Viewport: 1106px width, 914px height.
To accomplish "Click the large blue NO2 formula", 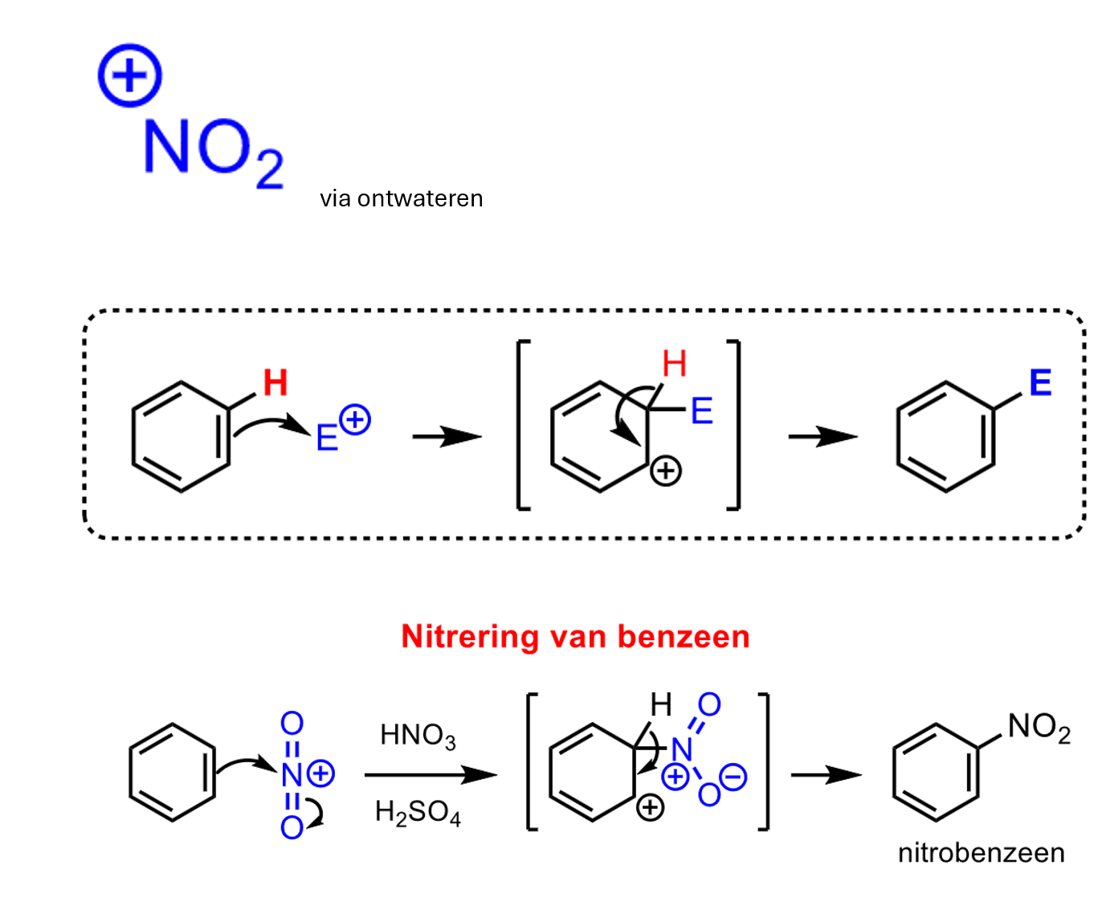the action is pyautogui.click(x=214, y=153).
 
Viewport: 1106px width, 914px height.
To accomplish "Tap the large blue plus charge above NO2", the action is pyautogui.click(x=130, y=75).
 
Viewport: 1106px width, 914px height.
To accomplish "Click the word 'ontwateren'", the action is pyautogui.click(x=420, y=198).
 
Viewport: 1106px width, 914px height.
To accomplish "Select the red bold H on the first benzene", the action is pyautogui.click(x=275, y=382).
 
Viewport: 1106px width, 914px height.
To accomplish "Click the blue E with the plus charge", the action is pyautogui.click(x=327, y=438).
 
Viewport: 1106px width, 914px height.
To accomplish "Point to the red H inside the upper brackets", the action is pyautogui.click(x=675, y=364).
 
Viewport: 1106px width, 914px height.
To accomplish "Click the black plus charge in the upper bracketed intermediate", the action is pyautogui.click(x=665, y=471).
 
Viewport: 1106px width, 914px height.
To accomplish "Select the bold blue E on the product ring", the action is pyautogui.click(x=1040, y=382).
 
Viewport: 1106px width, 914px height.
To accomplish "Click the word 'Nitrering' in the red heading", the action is pyautogui.click(x=470, y=636).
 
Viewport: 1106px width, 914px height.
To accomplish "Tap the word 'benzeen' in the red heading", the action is pyautogui.click(x=684, y=636).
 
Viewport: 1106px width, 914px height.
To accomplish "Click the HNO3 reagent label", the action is pyautogui.click(x=418, y=736).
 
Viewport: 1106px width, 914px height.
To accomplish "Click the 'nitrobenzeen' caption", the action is pyautogui.click(x=981, y=852).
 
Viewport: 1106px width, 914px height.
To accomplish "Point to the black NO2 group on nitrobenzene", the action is pyautogui.click(x=1039, y=726).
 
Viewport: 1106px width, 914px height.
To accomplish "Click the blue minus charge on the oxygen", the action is pyautogui.click(x=733, y=777).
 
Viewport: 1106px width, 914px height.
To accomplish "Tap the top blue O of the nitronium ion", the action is pyautogui.click(x=292, y=724).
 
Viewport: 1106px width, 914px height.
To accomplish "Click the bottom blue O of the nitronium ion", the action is pyautogui.click(x=292, y=827).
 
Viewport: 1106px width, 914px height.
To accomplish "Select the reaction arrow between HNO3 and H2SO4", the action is pyautogui.click(x=431, y=774).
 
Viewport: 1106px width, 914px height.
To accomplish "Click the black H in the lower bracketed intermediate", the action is pyautogui.click(x=661, y=704).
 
